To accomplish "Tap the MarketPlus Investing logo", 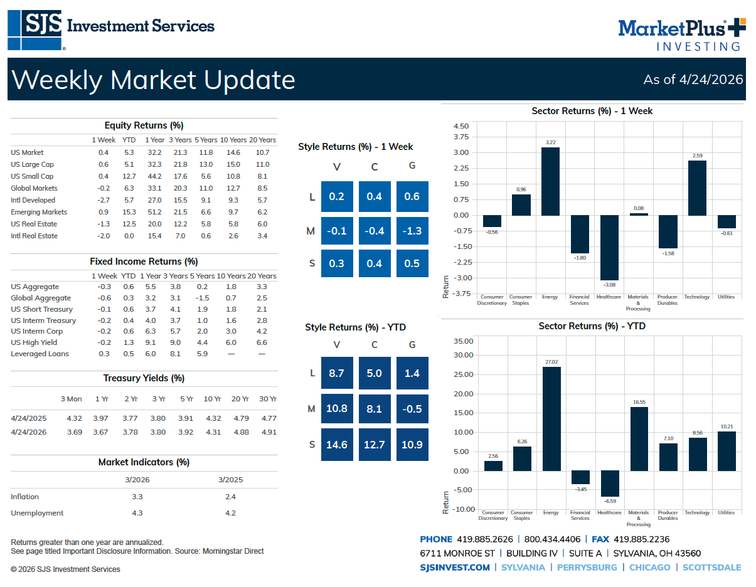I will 681,34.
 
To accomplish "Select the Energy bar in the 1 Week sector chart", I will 550,181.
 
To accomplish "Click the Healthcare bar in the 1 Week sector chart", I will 609,247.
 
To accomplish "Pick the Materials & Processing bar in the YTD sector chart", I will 639,438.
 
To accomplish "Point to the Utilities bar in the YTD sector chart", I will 726,451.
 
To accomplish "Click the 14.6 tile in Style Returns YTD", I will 337,445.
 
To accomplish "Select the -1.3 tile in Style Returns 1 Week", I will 412,231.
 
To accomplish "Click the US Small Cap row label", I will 32,176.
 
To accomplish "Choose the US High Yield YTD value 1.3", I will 129,342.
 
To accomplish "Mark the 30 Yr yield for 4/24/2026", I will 268,432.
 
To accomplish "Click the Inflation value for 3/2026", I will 137,497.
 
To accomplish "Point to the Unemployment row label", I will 37,513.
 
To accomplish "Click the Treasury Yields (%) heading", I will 144,378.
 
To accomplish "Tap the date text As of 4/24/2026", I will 693,80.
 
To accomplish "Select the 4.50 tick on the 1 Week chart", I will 461,126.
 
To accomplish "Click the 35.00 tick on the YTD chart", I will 463,341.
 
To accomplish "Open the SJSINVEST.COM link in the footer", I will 455,567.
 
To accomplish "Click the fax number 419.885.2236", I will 641,539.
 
